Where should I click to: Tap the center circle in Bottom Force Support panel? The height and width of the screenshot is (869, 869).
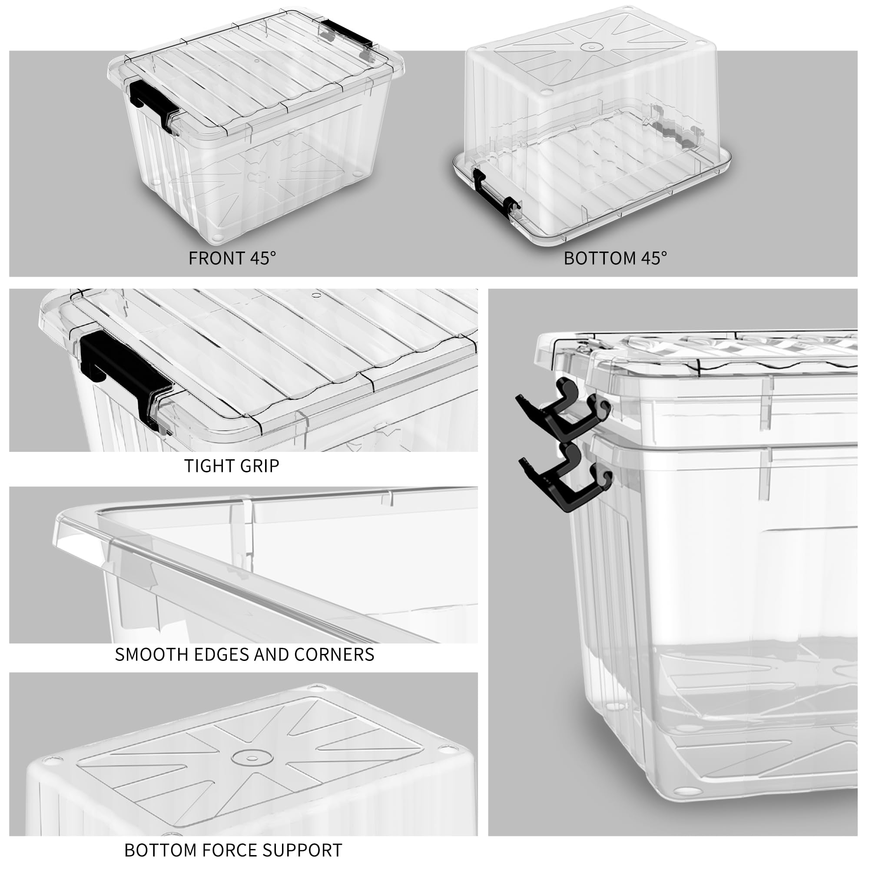point(252,758)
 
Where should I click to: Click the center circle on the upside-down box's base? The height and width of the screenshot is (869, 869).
point(591,46)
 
